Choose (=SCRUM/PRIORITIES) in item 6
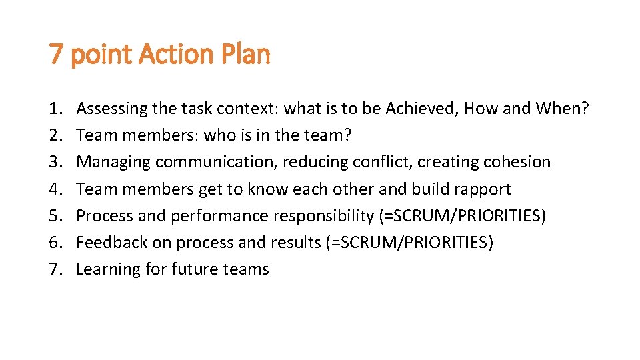point(410,243)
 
